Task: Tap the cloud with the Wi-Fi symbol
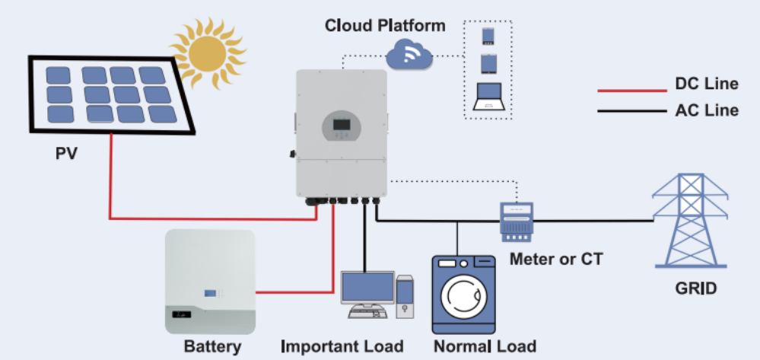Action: click(x=409, y=54)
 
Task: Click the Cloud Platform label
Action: click(x=385, y=25)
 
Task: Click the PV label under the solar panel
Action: click(x=67, y=155)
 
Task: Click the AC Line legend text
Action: click(x=706, y=110)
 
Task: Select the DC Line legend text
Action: click(x=706, y=84)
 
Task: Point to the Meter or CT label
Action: click(x=556, y=259)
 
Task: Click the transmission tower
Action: click(x=689, y=221)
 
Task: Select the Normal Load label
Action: click(x=485, y=346)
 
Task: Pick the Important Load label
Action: click(x=342, y=346)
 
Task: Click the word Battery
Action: click(x=212, y=347)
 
